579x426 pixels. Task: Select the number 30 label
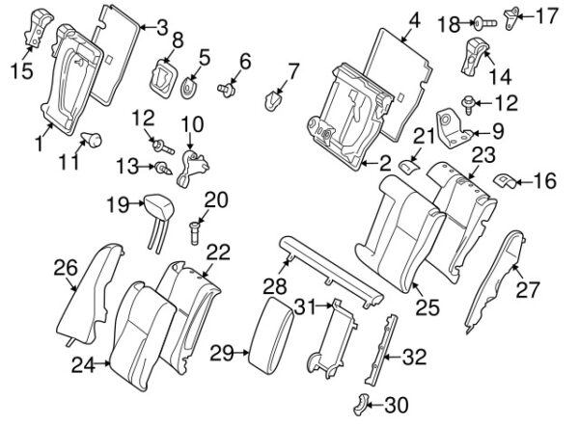[x=397, y=405]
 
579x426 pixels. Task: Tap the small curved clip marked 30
[x=360, y=405]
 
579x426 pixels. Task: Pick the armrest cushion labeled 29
[x=271, y=335]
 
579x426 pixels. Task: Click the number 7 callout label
[x=292, y=71]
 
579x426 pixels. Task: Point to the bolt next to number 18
[x=485, y=23]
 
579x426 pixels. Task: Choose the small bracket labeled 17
[x=510, y=19]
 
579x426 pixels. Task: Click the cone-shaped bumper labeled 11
[x=92, y=139]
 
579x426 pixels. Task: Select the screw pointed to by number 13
[x=163, y=168]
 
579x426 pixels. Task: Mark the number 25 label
[x=427, y=307]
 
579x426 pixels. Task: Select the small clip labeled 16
[x=504, y=179]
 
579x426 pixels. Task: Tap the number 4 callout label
[x=415, y=20]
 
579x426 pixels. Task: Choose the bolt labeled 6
[x=227, y=90]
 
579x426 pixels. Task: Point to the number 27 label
[x=527, y=290]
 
